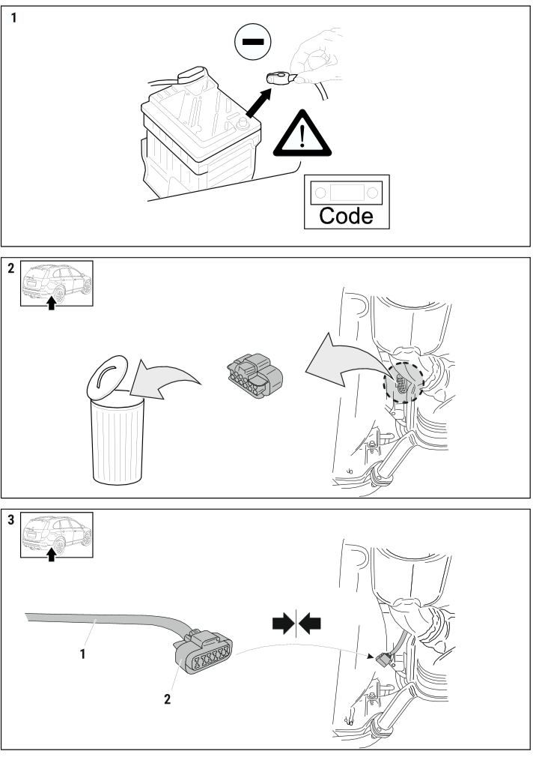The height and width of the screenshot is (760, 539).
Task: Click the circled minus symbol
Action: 252,42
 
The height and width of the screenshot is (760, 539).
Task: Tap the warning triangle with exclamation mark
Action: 302,133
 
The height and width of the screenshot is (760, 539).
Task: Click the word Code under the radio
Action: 347,216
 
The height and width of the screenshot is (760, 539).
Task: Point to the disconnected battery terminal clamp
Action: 279,77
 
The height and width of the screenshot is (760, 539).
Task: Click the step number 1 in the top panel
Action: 13,18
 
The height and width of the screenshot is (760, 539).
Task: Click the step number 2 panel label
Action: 11,268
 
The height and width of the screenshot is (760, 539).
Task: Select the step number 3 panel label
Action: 11,519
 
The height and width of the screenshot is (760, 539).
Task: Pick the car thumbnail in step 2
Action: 56,283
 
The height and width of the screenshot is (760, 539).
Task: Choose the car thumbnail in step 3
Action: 56,535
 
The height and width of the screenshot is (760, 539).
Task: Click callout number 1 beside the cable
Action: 83,654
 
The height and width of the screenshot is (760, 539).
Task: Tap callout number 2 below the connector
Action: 168,699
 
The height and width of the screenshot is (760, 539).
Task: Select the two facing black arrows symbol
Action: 296,624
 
